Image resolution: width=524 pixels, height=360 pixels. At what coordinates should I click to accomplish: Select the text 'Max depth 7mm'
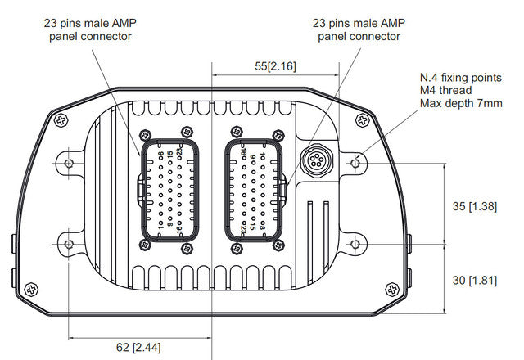tap(458, 104)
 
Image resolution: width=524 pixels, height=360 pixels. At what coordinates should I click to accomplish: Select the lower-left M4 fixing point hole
tap(68, 244)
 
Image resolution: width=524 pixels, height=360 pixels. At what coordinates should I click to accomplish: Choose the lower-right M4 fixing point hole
tap(355, 244)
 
